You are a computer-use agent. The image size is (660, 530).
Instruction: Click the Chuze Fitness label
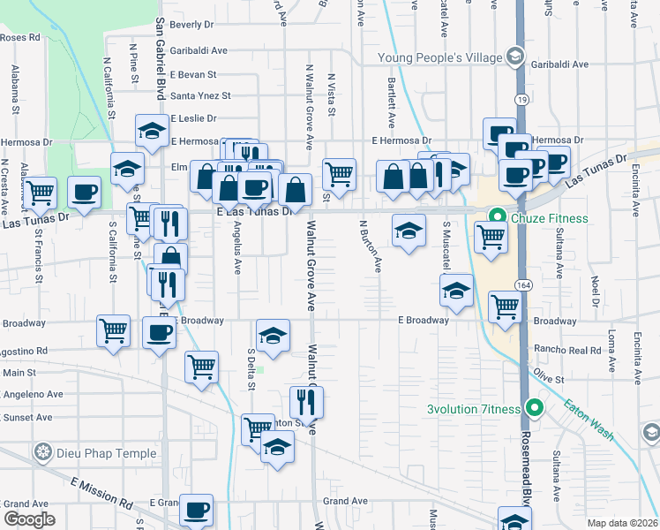(544, 215)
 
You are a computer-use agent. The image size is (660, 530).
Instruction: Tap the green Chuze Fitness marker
(498, 215)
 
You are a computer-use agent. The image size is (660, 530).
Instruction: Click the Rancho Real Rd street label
(566, 349)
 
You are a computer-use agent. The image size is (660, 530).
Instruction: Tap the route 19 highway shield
(522, 101)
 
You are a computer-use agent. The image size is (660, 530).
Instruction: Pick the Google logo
(29, 519)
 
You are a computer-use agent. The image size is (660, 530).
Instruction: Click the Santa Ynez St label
(200, 95)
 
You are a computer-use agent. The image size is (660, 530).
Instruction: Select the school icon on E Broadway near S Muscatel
(455, 291)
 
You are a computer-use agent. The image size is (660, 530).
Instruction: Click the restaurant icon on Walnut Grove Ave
(306, 402)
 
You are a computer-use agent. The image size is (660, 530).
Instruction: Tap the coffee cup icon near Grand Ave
(196, 510)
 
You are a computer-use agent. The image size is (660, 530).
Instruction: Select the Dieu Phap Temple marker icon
(41, 454)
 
